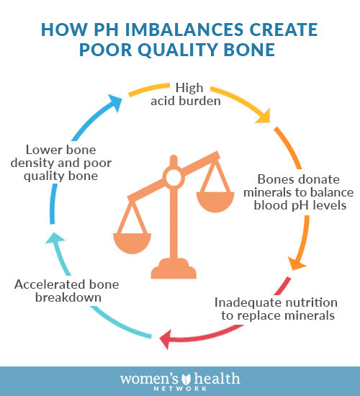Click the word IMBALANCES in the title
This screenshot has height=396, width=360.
tap(184, 30)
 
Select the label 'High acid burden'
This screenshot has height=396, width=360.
tap(186, 94)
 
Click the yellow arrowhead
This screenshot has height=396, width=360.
tap(264, 116)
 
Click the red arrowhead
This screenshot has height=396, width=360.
tap(166, 339)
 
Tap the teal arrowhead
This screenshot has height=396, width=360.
tap(55, 238)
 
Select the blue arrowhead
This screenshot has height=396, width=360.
tap(114, 102)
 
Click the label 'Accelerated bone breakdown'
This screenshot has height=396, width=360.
tap(67, 291)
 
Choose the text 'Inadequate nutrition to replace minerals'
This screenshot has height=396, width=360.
tap(276, 309)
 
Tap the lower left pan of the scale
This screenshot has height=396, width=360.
tap(132, 243)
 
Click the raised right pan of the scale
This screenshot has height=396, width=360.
tap(215, 202)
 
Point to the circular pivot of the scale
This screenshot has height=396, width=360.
tap(174, 178)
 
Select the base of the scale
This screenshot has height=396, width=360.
tap(174, 269)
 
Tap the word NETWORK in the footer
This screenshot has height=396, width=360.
tap(180, 389)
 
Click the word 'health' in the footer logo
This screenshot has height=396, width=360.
tap(217, 379)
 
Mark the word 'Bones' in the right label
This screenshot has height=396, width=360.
tap(274, 180)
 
